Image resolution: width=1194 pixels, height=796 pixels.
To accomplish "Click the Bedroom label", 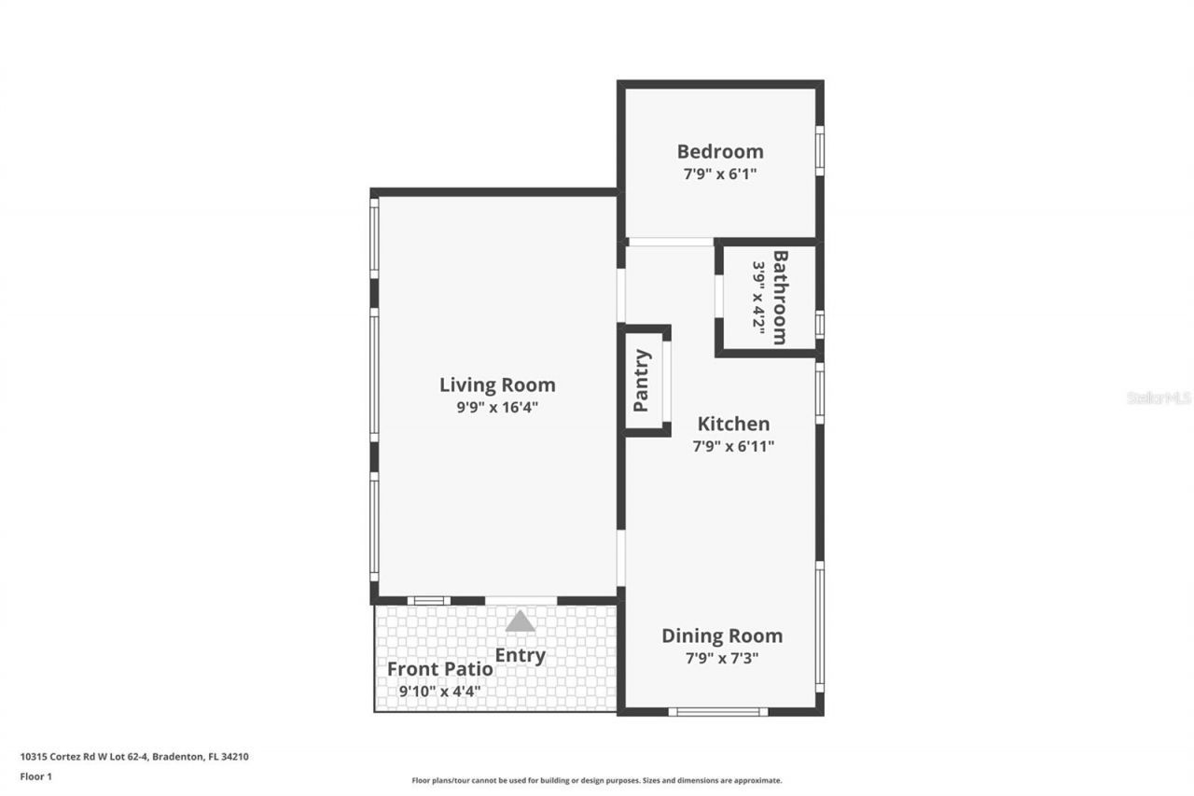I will point(719,151).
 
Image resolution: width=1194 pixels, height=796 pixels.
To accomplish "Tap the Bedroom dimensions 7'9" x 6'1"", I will point(719,174).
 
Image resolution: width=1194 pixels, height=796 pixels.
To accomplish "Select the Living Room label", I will point(497,384).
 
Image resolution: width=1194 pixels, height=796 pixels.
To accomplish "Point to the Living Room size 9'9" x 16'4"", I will point(497,407).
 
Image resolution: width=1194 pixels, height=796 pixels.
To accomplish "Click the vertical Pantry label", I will point(642,380).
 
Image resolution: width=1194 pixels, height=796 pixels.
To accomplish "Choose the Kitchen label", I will point(733,424).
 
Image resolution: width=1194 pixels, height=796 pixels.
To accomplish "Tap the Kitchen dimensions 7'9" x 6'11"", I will point(733,446).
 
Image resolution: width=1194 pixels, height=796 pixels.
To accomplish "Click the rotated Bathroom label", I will point(781,297).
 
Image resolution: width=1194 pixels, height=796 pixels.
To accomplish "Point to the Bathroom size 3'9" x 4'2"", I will point(759,297).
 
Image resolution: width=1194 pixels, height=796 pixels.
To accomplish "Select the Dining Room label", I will point(722,635).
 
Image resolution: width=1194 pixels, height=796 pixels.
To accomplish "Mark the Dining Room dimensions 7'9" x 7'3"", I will point(722,658).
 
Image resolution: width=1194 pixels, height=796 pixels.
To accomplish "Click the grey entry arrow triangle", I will point(521,621).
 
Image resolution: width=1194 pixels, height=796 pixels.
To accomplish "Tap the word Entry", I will point(520,655).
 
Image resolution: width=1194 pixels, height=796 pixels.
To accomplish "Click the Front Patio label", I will point(440,669).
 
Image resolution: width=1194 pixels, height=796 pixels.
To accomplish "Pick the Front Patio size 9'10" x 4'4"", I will point(440,691).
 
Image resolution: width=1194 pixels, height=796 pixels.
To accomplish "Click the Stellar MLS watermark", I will point(1159,398).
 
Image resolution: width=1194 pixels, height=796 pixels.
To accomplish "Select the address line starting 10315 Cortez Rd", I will point(134,757).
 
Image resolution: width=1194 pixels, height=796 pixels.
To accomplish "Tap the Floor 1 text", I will point(36,775).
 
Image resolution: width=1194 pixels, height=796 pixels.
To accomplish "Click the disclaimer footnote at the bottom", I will point(597,780).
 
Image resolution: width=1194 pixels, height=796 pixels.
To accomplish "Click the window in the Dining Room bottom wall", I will point(718,712).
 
